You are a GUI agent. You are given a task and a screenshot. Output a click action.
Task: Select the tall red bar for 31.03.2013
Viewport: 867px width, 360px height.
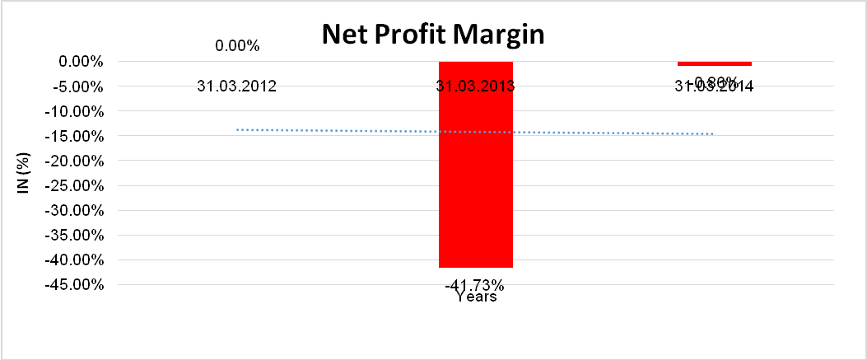(475, 164)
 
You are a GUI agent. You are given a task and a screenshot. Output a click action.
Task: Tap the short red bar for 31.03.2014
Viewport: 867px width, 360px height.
(714, 63)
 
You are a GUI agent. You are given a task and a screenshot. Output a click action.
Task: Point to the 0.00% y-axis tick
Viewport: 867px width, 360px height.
(81, 61)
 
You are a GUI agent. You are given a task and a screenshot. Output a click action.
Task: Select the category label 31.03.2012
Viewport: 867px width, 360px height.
(237, 86)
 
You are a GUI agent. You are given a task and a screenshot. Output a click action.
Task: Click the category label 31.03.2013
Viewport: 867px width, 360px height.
(475, 86)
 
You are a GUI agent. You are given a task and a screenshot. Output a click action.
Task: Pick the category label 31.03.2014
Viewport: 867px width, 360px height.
(715, 86)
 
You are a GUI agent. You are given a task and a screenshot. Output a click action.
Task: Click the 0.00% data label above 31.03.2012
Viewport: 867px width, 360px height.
(237, 46)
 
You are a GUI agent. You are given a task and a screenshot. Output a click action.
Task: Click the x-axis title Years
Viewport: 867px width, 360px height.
(476, 297)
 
